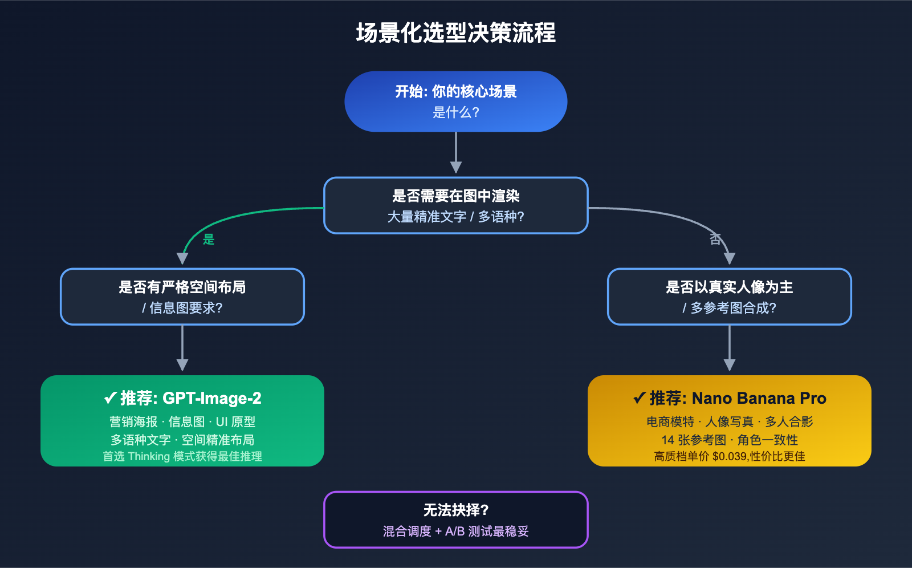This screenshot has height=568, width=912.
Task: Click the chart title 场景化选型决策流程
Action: tap(456, 33)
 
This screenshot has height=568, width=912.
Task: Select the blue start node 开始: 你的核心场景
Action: tap(456, 92)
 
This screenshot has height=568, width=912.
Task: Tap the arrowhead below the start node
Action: tap(456, 167)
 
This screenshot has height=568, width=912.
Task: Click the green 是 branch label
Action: tap(209, 240)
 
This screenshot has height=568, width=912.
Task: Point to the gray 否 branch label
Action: tap(715, 240)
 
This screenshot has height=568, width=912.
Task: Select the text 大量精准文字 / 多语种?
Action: tap(456, 217)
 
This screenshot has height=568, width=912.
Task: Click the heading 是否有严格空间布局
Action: tap(182, 287)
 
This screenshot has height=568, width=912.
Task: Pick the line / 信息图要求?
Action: tap(182, 308)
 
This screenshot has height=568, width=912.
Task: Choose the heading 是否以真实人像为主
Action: tap(730, 287)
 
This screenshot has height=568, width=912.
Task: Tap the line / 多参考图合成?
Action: tap(730, 308)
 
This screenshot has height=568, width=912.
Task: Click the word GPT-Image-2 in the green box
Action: tap(212, 398)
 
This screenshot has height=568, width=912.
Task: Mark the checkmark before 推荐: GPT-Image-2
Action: tap(110, 398)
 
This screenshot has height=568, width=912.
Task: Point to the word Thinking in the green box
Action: tap(149, 457)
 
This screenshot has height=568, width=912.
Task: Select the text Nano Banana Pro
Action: tap(759, 398)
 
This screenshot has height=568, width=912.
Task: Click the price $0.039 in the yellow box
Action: tap(729, 457)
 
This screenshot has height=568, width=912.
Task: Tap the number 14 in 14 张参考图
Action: tap(668, 440)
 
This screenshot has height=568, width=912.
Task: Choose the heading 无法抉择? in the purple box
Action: tap(456, 510)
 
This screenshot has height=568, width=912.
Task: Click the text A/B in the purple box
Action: tap(455, 532)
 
